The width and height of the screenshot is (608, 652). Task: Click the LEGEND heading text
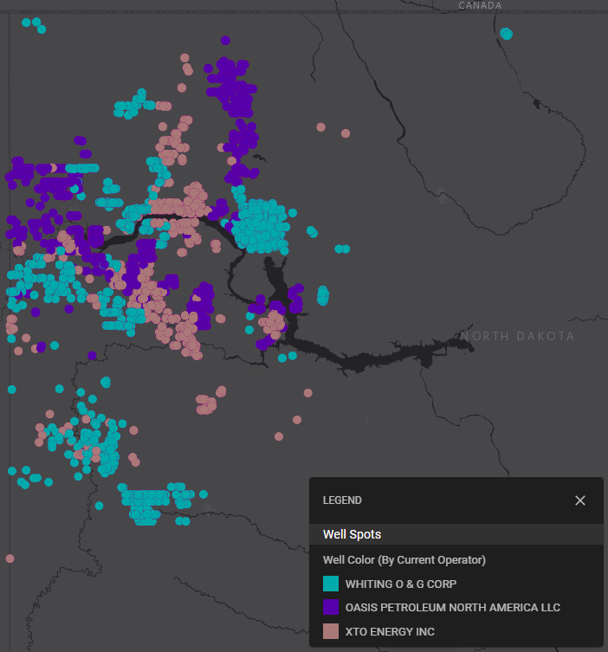click(342, 500)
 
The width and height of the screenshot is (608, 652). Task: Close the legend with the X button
click(580, 500)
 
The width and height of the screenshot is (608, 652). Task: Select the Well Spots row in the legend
click(352, 534)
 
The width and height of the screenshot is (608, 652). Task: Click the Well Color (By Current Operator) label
click(404, 559)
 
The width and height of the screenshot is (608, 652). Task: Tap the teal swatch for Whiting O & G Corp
click(330, 584)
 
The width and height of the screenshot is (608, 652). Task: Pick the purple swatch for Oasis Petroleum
click(330, 608)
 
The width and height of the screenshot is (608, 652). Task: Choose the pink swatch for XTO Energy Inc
click(330, 632)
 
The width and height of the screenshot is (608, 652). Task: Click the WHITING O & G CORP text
click(400, 584)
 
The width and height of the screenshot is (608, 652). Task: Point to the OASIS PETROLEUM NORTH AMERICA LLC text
click(452, 608)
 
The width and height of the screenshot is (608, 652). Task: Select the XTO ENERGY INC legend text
click(390, 632)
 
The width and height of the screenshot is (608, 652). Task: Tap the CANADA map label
click(480, 5)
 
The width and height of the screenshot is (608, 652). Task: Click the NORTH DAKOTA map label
click(517, 336)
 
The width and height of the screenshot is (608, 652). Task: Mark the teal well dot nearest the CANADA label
click(507, 34)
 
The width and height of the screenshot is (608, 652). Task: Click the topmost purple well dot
click(225, 40)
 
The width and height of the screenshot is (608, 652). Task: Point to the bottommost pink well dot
click(10, 558)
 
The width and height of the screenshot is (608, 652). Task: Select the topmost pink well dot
click(185, 58)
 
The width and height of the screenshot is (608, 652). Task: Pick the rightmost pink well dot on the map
click(346, 133)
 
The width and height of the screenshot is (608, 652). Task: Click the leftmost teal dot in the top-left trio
click(27, 23)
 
